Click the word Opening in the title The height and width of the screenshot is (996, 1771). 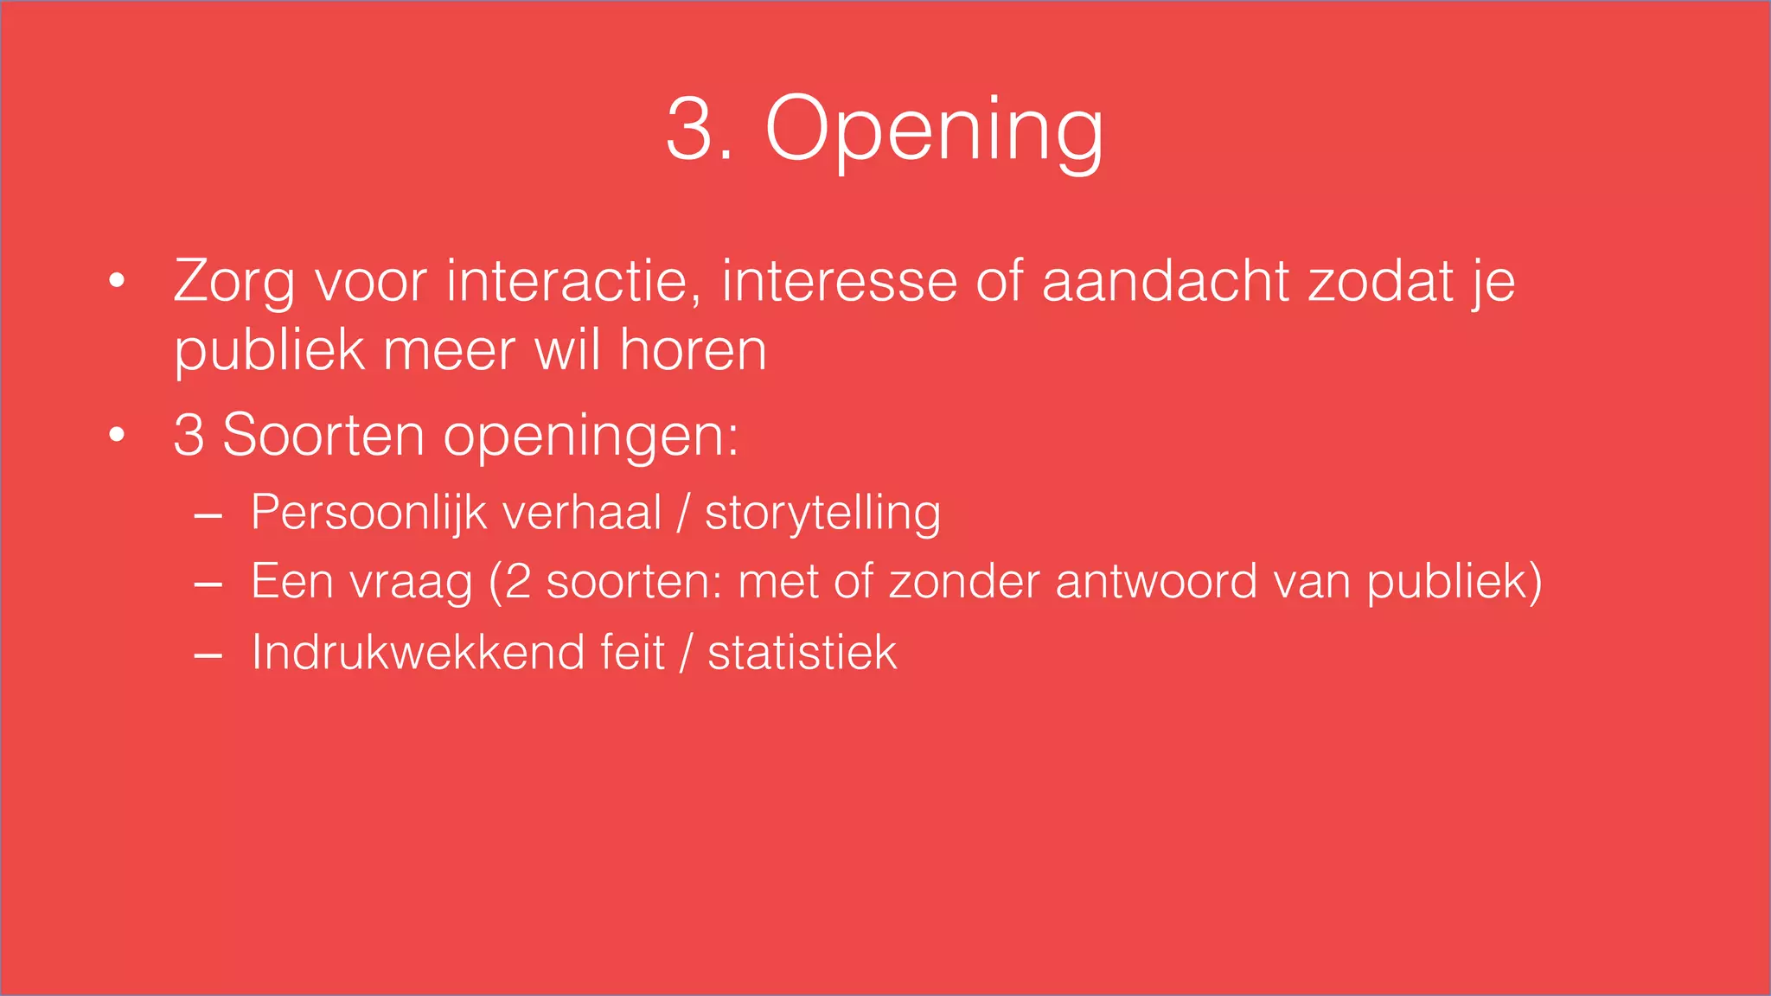click(x=934, y=130)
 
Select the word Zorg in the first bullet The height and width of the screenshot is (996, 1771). click(x=233, y=282)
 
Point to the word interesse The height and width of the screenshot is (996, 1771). click(x=839, y=282)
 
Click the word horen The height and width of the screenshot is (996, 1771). click(x=693, y=351)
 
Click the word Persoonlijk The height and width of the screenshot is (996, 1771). click(x=369, y=513)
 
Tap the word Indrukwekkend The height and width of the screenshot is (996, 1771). click(x=416, y=652)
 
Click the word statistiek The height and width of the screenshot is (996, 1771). click(x=802, y=652)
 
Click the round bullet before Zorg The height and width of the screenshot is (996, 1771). click(x=118, y=281)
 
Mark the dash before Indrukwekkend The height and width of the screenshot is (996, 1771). click(x=208, y=657)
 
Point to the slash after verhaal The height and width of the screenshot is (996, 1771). click(x=683, y=513)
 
